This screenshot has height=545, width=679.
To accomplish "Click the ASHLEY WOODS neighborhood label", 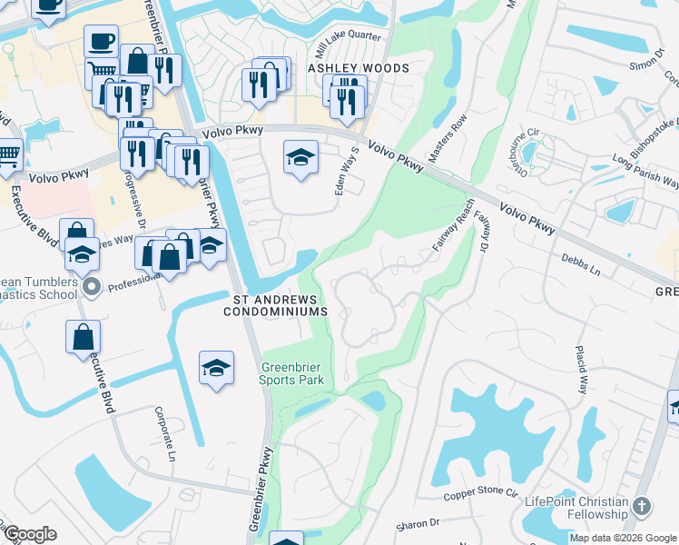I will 358,68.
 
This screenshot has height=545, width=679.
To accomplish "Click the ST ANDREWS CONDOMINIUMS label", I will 275,305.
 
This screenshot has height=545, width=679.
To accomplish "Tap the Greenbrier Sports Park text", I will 291,374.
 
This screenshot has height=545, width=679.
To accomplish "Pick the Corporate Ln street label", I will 163,433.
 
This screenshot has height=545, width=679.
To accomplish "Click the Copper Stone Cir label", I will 480,495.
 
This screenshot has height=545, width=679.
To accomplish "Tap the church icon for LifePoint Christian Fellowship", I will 642,506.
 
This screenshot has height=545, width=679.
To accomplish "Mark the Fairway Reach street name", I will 453,225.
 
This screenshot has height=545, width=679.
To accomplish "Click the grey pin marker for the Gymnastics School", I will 91,289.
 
